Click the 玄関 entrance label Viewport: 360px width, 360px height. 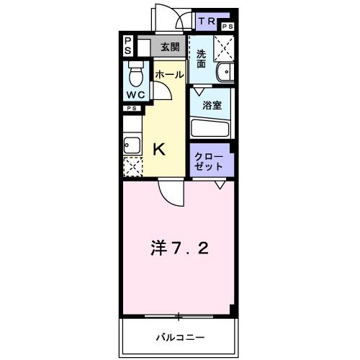pos(170,47)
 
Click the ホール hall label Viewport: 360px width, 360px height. pos(168,73)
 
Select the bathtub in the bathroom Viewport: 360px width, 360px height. pos(210,127)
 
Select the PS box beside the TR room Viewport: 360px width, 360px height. pos(228,27)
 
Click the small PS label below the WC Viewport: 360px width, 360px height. pos(131,108)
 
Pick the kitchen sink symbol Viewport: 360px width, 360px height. pos(131,143)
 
